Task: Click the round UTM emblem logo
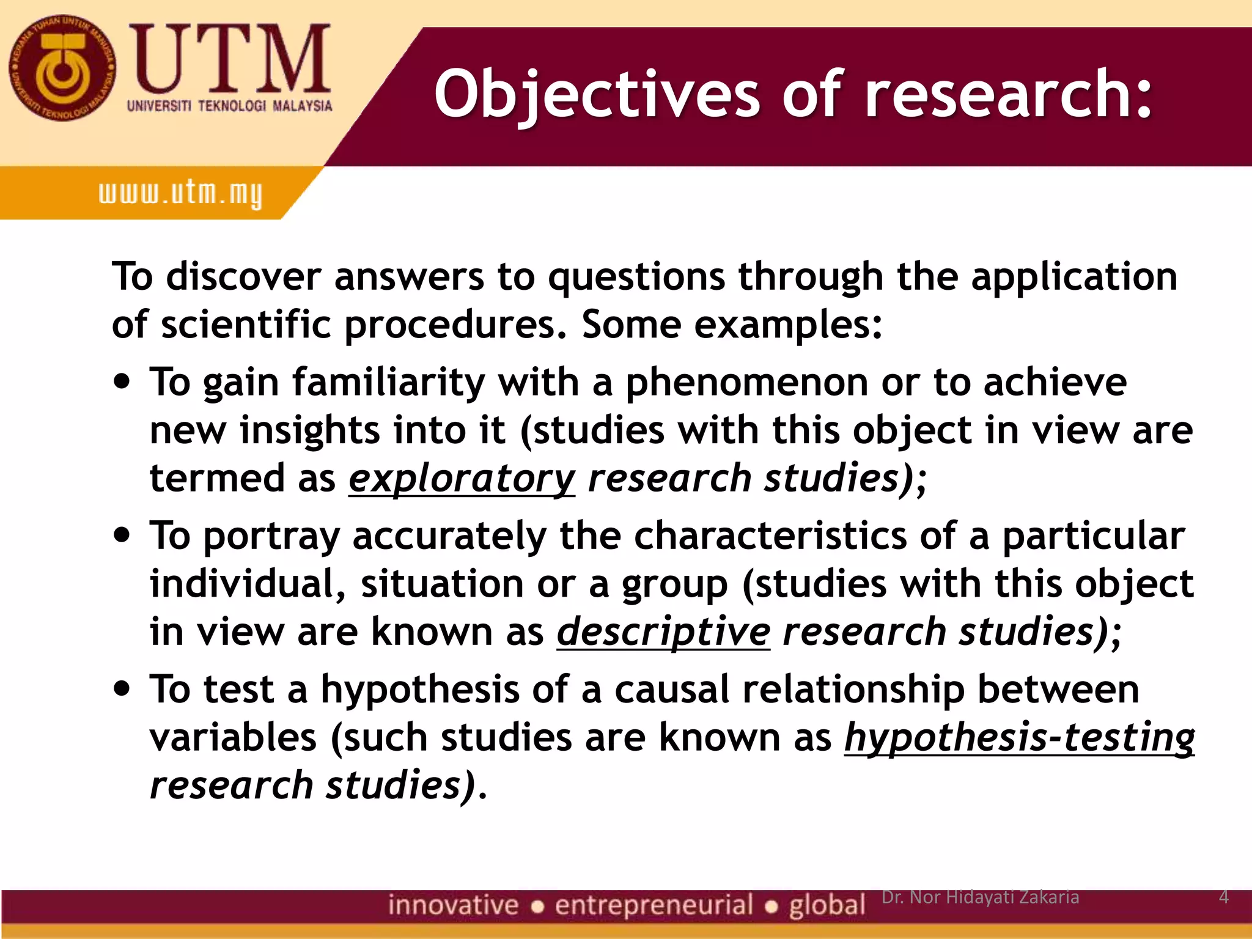pyautogui.click(x=62, y=68)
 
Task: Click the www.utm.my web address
pyautogui.click(x=180, y=194)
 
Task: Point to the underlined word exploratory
pyautogui.click(x=462, y=479)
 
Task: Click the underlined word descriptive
pyautogui.click(x=663, y=632)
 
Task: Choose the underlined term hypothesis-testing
pyautogui.click(x=1019, y=738)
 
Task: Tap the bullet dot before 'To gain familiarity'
pyautogui.click(x=123, y=382)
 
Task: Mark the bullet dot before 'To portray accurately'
pyautogui.click(x=123, y=536)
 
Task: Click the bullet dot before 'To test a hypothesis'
pyautogui.click(x=123, y=689)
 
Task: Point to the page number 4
pyautogui.click(x=1223, y=897)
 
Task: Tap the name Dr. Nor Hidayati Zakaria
pyautogui.click(x=980, y=897)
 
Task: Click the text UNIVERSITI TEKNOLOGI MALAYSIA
pyautogui.click(x=229, y=106)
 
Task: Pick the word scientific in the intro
pyautogui.click(x=246, y=325)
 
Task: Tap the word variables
pyautogui.click(x=234, y=738)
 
